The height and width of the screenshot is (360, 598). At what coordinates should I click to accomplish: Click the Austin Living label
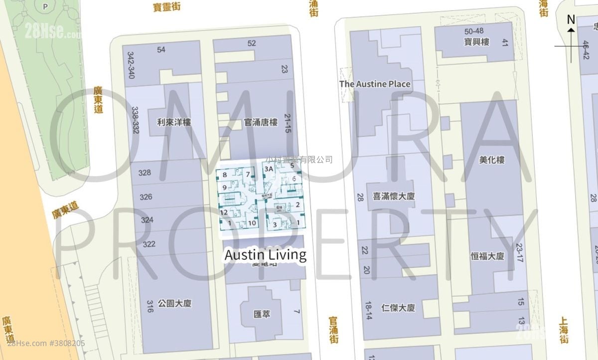click(265, 255)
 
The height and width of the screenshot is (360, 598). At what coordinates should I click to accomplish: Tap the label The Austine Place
click(375, 84)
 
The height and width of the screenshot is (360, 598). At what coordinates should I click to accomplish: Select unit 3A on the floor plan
click(269, 169)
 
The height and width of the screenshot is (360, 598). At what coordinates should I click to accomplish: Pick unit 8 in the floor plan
click(225, 175)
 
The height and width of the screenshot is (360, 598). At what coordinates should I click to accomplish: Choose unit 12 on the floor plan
click(224, 212)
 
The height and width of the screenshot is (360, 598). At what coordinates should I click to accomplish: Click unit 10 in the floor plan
click(252, 223)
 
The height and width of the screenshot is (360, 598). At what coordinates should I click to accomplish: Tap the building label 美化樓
click(491, 160)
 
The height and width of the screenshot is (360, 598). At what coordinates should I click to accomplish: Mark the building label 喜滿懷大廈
click(394, 196)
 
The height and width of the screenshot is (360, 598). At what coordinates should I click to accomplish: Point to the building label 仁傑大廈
click(397, 308)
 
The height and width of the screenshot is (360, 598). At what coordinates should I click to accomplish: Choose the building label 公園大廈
click(174, 303)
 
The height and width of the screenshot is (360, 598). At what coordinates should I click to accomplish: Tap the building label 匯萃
click(262, 315)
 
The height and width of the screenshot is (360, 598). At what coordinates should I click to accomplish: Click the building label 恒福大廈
click(487, 256)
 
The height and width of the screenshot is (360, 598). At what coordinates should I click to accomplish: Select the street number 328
click(145, 173)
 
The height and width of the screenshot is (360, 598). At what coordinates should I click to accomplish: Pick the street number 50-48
click(473, 31)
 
